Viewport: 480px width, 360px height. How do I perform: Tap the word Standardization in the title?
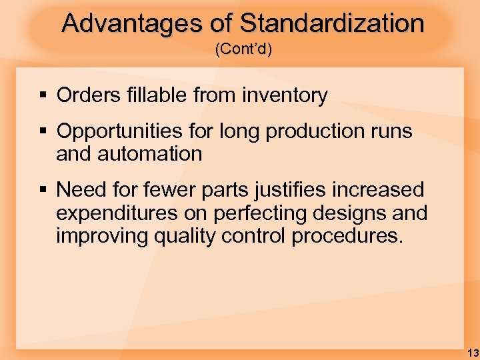click(331, 23)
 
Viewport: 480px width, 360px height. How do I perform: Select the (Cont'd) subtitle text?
click(243, 51)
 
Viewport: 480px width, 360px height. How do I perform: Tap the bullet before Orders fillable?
click(42, 96)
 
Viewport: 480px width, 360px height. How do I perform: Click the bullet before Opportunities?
click(42, 131)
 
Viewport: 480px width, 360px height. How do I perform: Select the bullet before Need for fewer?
click(42, 190)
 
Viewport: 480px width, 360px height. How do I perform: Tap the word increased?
click(385, 190)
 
